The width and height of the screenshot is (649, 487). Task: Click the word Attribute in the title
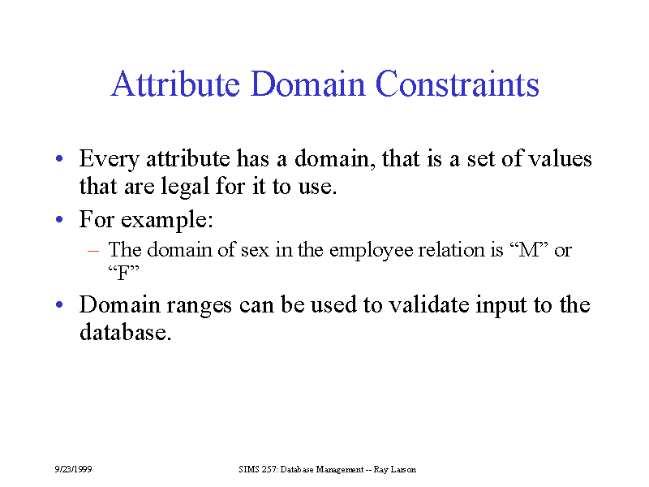pyautogui.click(x=175, y=84)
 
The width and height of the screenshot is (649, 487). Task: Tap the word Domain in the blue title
pyautogui.click(x=308, y=84)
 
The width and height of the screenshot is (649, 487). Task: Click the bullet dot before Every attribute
pyautogui.click(x=59, y=158)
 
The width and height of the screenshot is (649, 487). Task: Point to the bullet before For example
pyautogui.click(x=59, y=219)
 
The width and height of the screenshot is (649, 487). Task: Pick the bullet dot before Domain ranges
pyautogui.click(x=59, y=304)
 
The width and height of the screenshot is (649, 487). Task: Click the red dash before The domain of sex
pyautogui.click(x=93, y=251)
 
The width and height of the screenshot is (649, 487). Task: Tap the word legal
pyautogui.click(x=186, y=187)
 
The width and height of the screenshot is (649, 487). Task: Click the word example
pyautogui.click(x=167, y=220)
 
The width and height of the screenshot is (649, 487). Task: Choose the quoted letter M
pyautogui.click(x=529, y=250)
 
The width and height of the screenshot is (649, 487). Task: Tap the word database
pyautogui.click(x=126, y=332)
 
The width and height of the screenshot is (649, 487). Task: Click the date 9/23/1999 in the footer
pyautogui.click(x=73, y=469)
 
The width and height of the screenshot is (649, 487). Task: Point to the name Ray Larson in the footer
pyautogui.click(x=395, y=470)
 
